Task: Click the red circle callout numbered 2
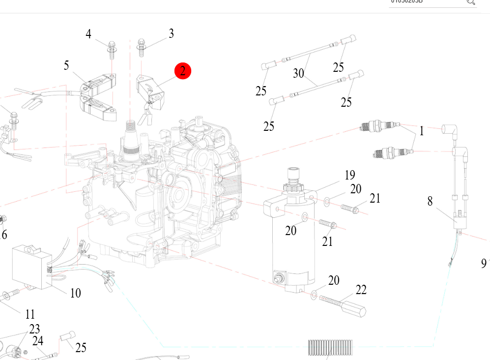pos(183,71)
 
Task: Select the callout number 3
pos(171,33)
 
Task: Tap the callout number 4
pos(88,34)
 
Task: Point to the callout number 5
pos(66,65)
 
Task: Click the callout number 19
pos(349,175)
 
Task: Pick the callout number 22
pos(361,290)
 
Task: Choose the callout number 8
pos(430,201)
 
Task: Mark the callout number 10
pos(75,293)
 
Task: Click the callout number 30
pos(299,73)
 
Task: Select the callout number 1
pos(421,131)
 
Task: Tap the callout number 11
pos(30,314)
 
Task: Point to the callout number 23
pos(34,329)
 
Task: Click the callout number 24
pos(38,340)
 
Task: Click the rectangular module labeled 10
pos(31,266)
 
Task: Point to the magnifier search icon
pos(470,2)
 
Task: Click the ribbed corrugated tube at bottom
pos(330,348)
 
